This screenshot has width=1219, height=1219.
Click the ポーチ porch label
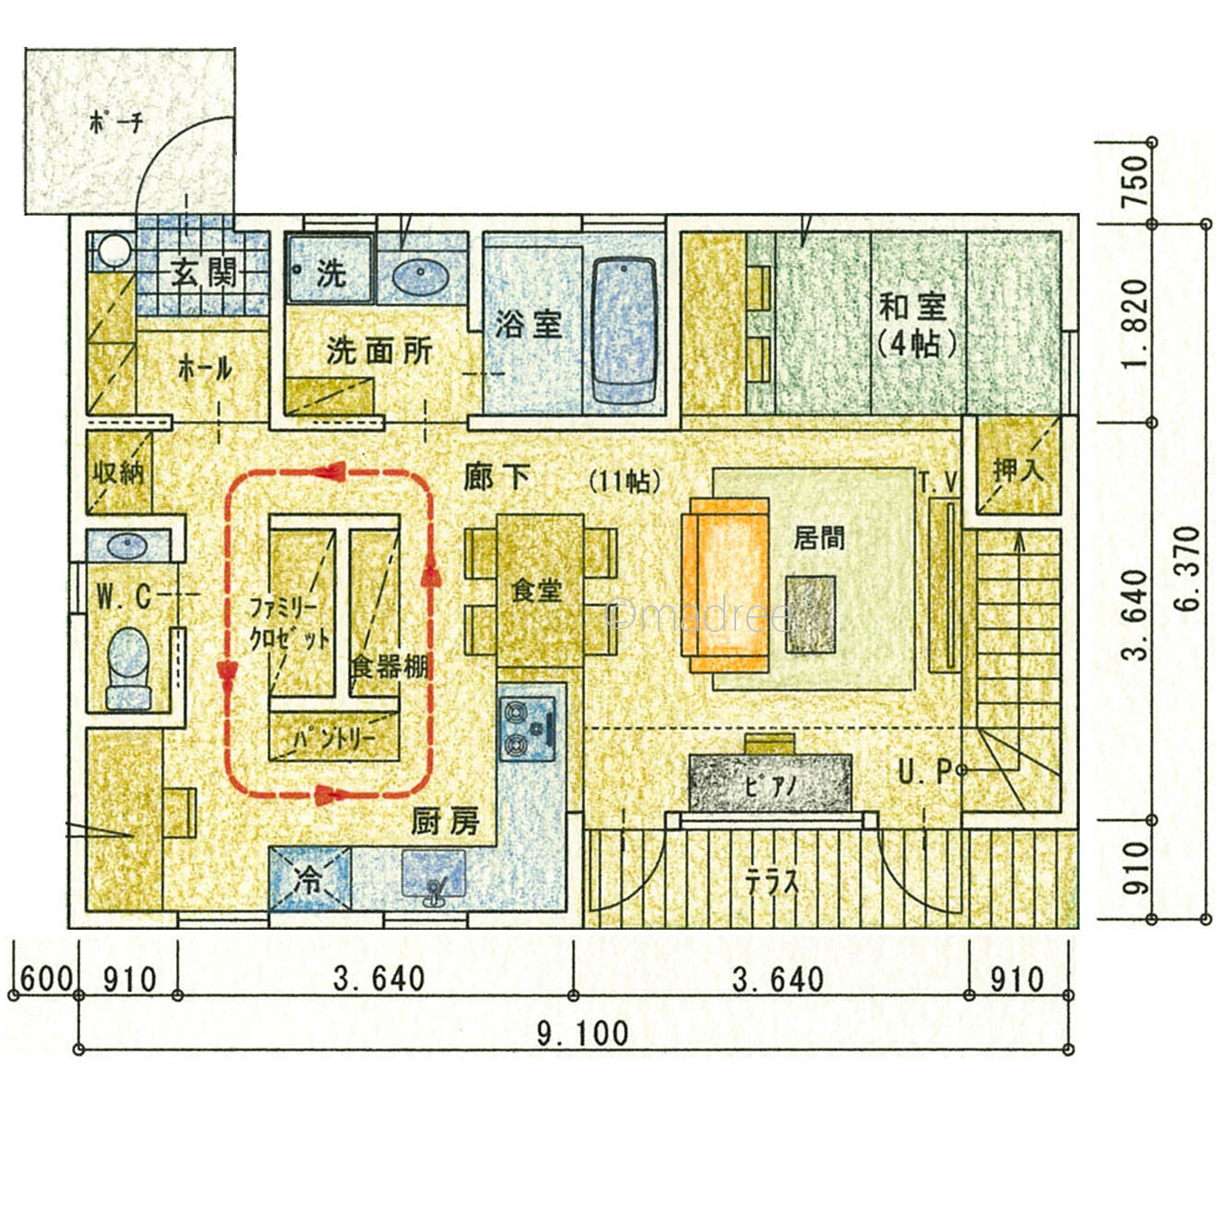[117, 123]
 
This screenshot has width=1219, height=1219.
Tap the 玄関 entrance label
[204, 275]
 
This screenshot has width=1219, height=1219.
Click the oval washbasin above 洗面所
[421, 277]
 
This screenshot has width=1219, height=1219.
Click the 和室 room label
[913, 308]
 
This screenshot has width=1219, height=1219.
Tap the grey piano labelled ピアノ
[770, 782]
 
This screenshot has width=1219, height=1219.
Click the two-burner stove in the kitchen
[528, 729]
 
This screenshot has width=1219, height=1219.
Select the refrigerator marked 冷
[310, 879]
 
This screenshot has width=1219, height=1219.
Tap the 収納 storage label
[119, 472]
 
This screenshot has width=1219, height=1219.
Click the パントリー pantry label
[334, 738]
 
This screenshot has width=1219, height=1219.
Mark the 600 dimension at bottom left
[45, 979]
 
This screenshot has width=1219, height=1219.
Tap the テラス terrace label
[772, 882]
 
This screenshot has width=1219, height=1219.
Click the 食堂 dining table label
[536, 591]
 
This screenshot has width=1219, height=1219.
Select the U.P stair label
[924, 772]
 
